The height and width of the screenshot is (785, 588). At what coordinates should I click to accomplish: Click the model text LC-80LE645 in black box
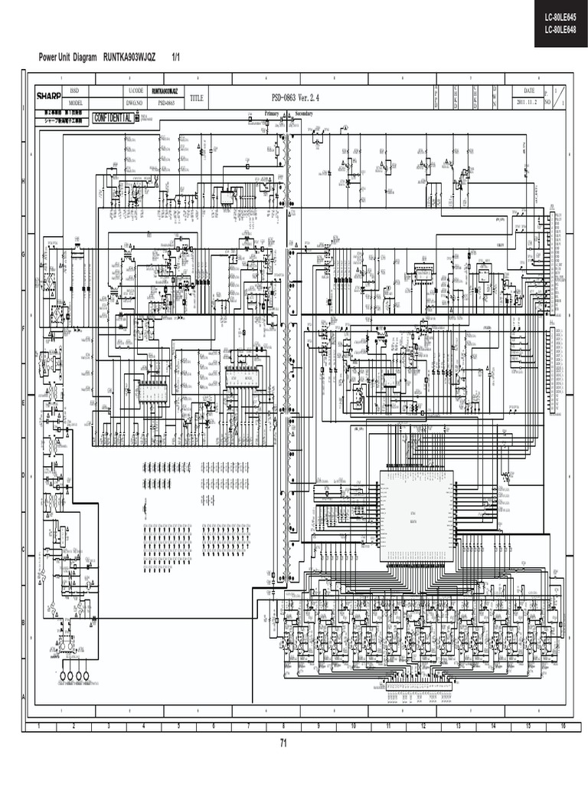tap(560, 16)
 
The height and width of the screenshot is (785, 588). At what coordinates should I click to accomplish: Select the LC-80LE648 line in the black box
tap(560, 30)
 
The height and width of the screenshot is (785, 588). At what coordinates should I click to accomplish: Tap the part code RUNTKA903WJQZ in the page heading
tap(129, 58)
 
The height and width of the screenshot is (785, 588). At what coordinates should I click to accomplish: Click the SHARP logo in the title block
tap(48, 96)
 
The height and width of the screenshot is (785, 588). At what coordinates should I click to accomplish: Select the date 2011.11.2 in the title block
tap(527, 102)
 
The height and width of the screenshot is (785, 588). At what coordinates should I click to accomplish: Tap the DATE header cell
tap(528, 90)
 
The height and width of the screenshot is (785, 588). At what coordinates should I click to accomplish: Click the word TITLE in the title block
tap(197, 98)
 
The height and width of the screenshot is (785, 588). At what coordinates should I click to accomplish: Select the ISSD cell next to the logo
tap(74, 90)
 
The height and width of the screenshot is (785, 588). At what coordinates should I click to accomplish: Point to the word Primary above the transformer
tap(272, 113)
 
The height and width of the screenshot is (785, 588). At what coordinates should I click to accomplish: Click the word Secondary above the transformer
tap(305, 113)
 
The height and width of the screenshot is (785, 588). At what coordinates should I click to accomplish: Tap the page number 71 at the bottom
tap(283, 743)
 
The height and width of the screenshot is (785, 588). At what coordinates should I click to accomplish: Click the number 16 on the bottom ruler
tap(562, 725)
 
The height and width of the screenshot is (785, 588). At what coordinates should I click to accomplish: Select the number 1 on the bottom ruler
tap(38, 725)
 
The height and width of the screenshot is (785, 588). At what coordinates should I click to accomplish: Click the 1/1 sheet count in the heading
tap(175, 58)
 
